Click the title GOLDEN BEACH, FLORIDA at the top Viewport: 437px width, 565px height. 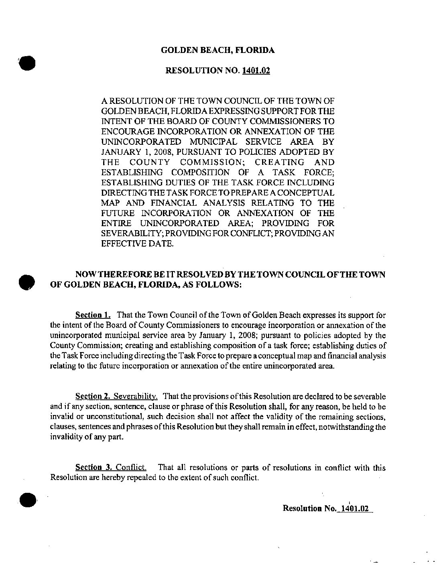point(218,50)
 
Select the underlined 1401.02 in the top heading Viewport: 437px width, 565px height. point(256,71)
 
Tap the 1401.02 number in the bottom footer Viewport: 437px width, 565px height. point(354,508)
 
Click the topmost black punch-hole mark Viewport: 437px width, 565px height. point(28,63)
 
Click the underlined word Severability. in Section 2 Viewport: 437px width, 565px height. point(136,397)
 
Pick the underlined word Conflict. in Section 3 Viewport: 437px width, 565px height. point(131,468)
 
